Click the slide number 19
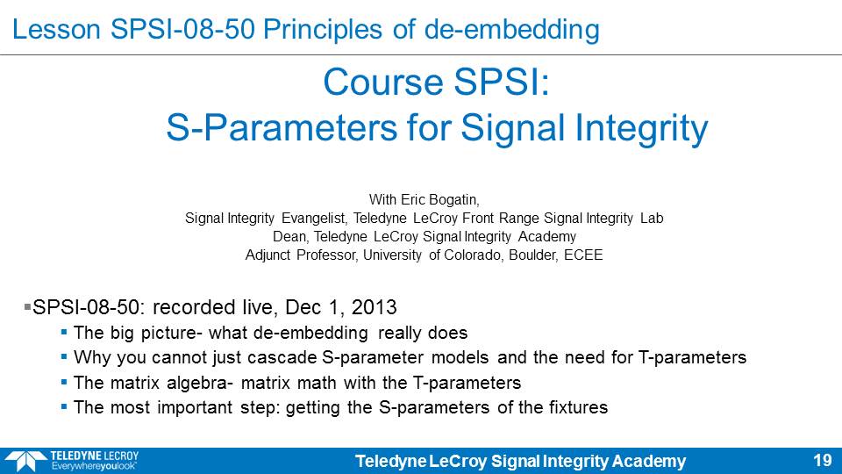pos(822,461)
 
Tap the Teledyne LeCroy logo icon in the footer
pos(25,461)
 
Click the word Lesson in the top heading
pos(56,30)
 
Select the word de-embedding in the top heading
pos(511,30)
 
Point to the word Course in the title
pos(384,83)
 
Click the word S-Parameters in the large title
pos(282,128)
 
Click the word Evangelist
pos(315,219)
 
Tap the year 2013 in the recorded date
pos(374,307)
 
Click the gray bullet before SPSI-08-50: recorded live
pos(27,307)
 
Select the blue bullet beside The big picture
pos(64,332)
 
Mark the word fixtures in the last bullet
pos(578,407)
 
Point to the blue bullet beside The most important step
pos(64,406)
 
